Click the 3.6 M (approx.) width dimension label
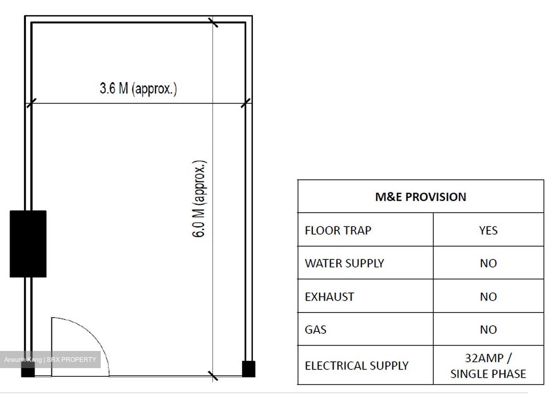click(138, 89)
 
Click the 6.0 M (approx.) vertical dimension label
click(199, 199)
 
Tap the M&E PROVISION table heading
click(420, 197)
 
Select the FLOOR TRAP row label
click(338, 230)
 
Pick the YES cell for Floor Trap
click(488, 230)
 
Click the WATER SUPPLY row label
click(344, 263)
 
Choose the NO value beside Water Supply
click(488, 263)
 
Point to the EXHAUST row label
click(329, 297)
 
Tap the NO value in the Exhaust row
click(488, 297)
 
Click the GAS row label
click(315, 330)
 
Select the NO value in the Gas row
click(488, 330)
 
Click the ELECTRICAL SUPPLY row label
click(357, 366)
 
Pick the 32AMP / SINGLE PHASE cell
click(488, 366)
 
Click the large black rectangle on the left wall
click(28, 244)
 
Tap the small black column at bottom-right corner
click(249, 369)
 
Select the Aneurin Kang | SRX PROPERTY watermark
click(50, 360)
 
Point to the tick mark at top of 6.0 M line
click(213, 22)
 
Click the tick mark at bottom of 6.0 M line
click(213, 376)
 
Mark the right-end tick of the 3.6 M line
click(245, 103)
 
